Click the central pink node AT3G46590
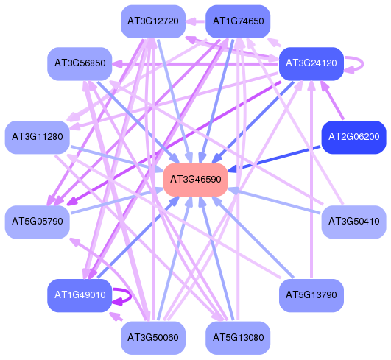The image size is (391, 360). click(196, 180)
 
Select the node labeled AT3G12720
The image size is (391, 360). click(153, 21)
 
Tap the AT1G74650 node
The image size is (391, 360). click(238, 21)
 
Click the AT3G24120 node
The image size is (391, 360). click(311, 63)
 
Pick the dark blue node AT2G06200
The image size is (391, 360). click(354, 137)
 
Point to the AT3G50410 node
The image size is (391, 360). click(354, 222)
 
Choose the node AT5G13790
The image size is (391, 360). click(311, 295)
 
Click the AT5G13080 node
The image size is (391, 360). click(238, 338)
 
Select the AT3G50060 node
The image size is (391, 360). click(153, 338)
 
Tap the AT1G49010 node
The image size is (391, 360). click(80, 295)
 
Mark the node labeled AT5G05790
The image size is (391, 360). click(37, 222)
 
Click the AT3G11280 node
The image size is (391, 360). click(37, 137)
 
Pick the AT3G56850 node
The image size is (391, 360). click(80, 63)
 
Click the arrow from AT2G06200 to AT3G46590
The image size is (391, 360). click(275, 159)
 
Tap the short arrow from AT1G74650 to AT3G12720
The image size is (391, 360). click(196, 21)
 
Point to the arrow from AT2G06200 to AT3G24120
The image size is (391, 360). click(332, 100)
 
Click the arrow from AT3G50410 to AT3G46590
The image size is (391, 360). click(275, 201)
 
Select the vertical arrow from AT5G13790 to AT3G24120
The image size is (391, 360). click(311, 179)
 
